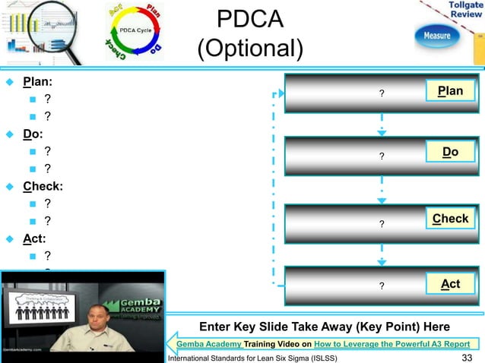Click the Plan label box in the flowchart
450,92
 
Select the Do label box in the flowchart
450,153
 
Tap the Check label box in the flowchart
450,219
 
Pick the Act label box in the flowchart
450,284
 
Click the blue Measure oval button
436,36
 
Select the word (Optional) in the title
249,50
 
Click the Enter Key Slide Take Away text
324,327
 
